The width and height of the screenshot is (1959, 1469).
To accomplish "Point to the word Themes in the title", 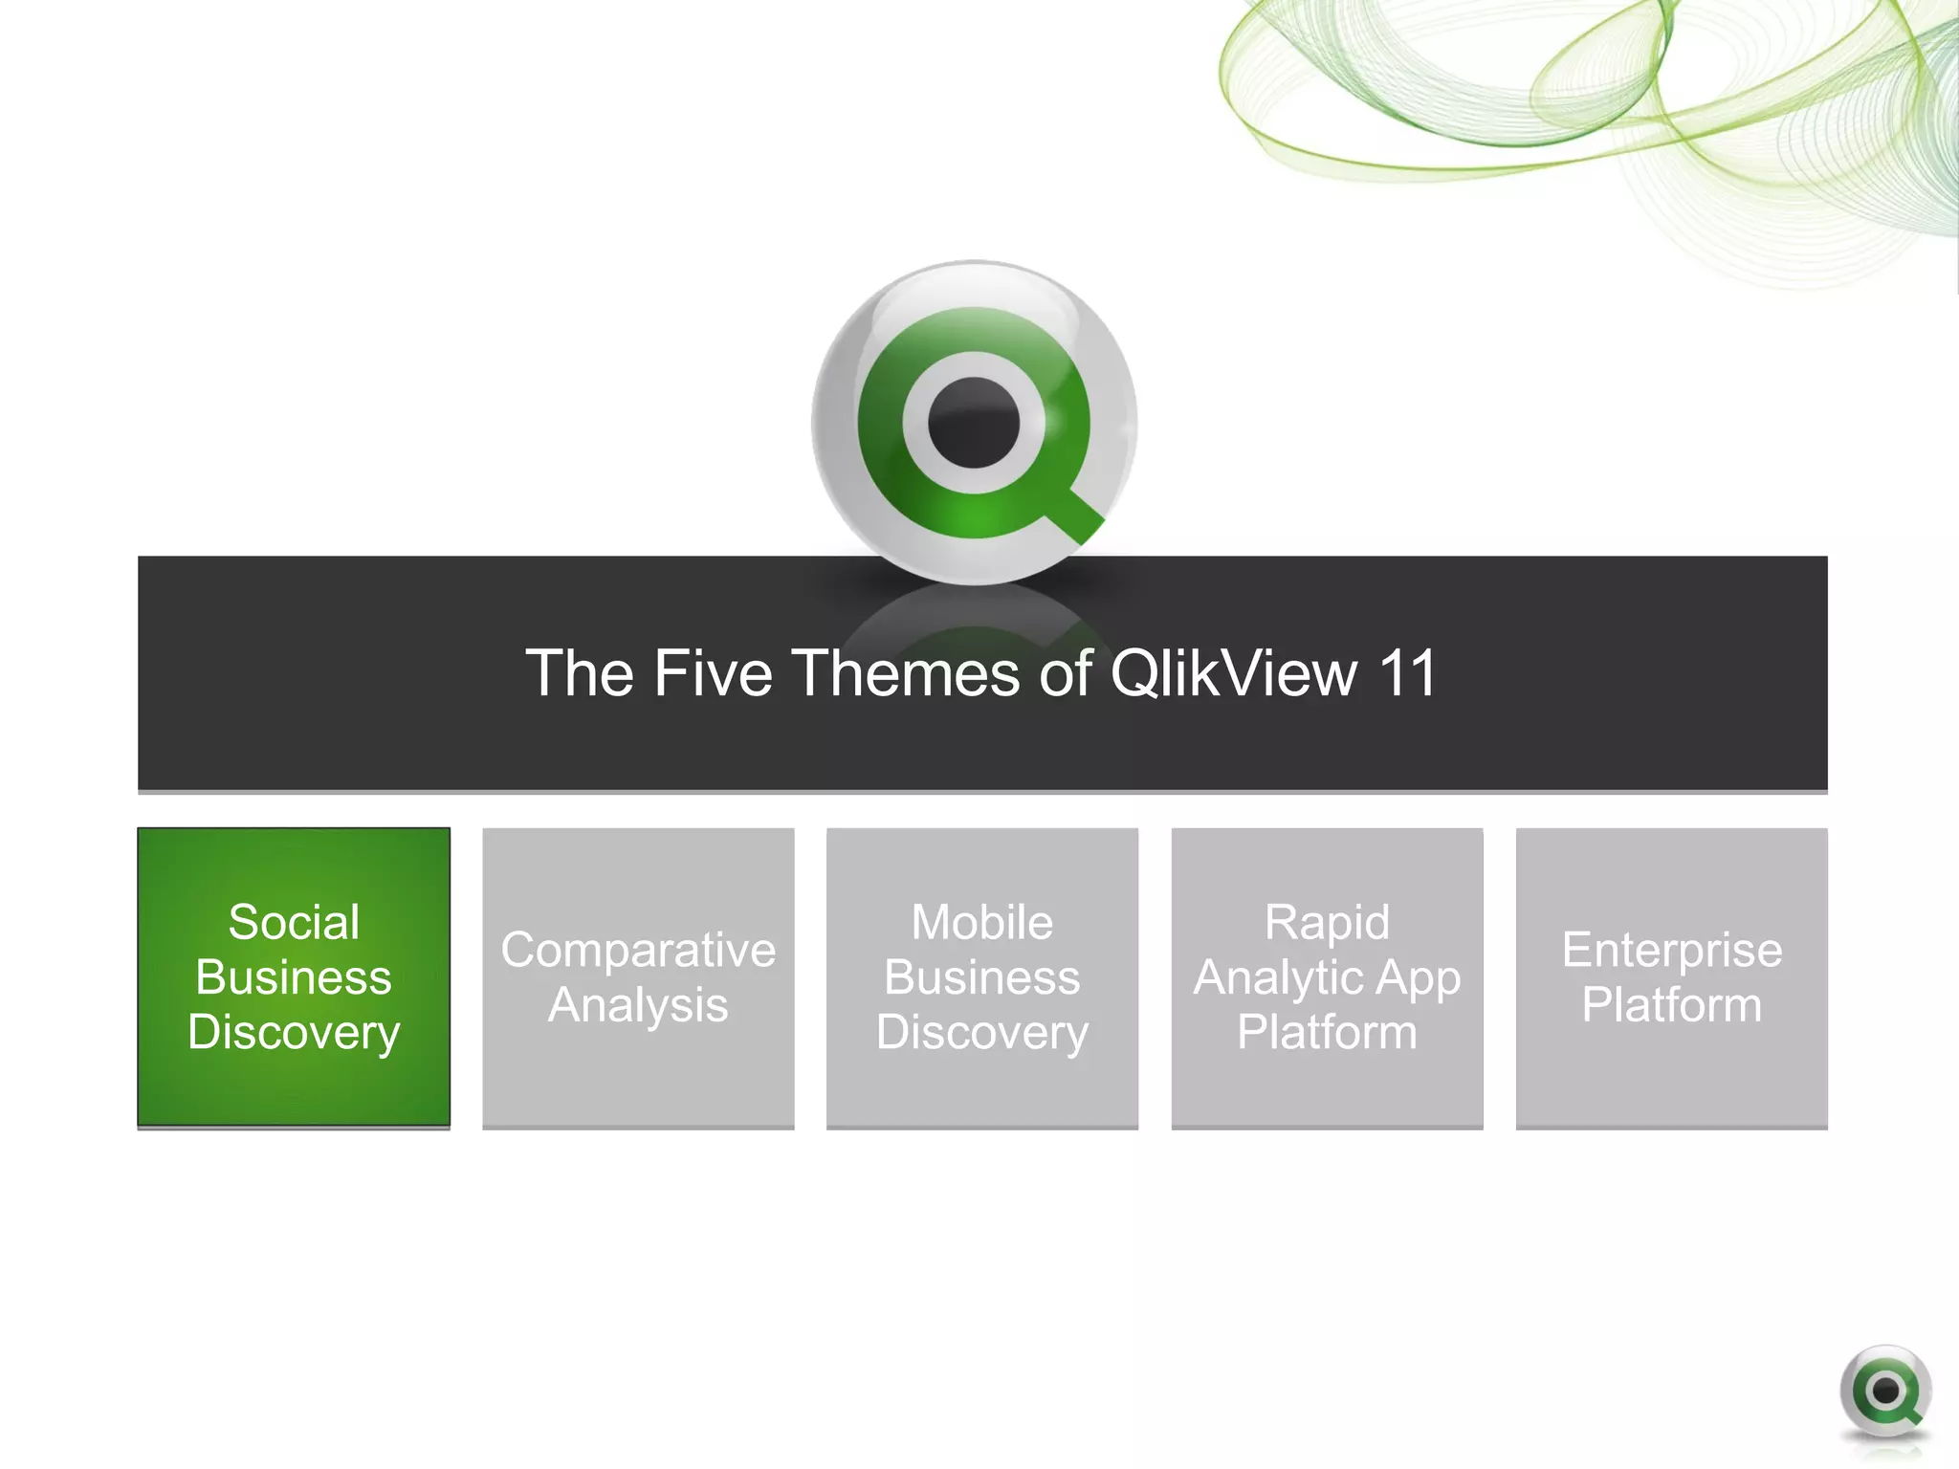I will click(x=907, y=673).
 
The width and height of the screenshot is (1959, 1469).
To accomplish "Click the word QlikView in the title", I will click(x=1233, y=673).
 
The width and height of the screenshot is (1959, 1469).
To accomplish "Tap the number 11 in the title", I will click(x=1407, y=673).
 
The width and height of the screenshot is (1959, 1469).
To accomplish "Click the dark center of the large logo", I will click(x=974, y=423).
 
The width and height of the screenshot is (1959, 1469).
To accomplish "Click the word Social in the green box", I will click(x=294, y=923).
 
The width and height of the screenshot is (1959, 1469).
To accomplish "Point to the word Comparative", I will click(x=638, y=950).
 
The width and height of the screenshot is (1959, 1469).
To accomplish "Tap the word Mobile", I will click(x=982, y=923).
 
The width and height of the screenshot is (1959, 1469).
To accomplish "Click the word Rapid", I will click(x=1327, y=923).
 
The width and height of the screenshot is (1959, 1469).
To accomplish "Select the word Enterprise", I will click(x=1672, y=950).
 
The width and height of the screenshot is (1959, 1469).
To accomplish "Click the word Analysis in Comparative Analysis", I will click(x=638, y=1005).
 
